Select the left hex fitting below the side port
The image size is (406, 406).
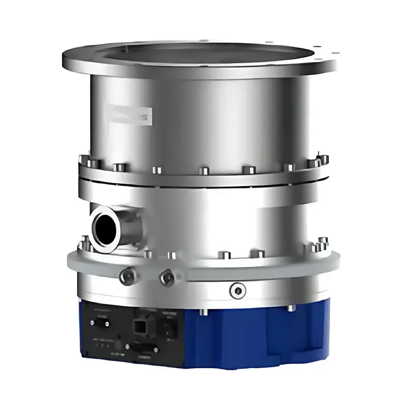(x=125, y=276)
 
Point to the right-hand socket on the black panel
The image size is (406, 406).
(x=171, y=327)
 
